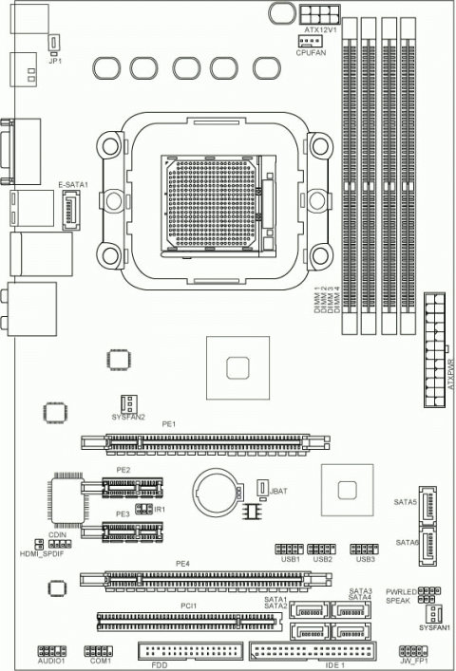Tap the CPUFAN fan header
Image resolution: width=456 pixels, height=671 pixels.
pyautogui.click(x=307, y=43)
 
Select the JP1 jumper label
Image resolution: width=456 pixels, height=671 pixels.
pyautogui.click(x=55, y=62)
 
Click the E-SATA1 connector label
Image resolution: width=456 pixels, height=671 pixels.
pyautogui.click(x=72, y=184)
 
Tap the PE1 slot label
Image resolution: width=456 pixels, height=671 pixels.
pyautogui.click(x=169, y=425)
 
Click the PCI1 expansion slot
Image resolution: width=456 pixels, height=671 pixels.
pyautogui.click(x=189, y=621)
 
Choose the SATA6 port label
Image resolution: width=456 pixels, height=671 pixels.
pyautogui.click(x=408, y=542)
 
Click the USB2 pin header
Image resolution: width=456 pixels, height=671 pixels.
pyautogui.click(x=323, y=549)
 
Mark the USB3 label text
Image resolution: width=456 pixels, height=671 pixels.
pyautogui.click(x=366, y=559)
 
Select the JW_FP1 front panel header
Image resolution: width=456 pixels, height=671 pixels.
pyautogui.click(x=413, y=650)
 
